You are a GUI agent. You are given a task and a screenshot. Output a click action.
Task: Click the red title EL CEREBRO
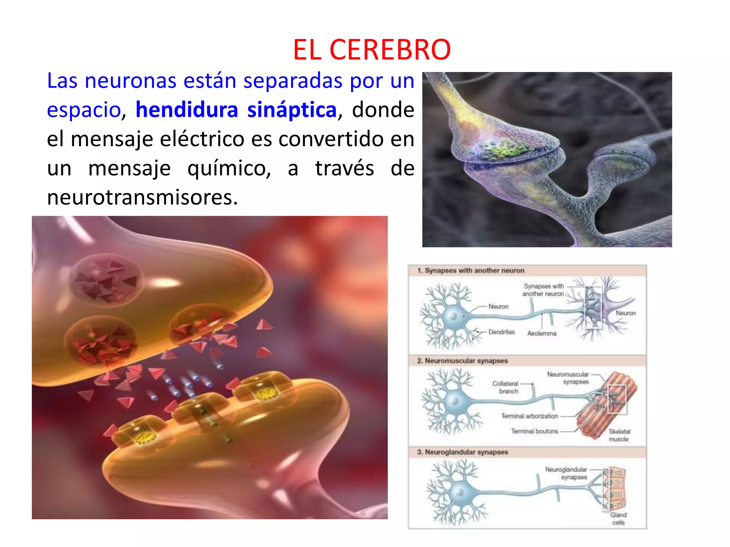[372, 50]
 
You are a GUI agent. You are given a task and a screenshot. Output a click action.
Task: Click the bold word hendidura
[187, 109]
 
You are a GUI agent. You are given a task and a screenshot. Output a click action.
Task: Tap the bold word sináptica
[292, 109]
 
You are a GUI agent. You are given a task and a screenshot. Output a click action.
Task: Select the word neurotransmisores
[142, 197]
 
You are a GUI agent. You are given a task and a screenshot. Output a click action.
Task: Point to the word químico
[229, 168]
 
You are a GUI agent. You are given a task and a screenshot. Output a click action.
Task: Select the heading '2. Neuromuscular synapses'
[462, 361]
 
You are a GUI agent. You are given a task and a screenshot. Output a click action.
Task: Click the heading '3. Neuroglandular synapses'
[462, 452]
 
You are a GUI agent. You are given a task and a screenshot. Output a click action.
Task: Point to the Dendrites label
[502, 332]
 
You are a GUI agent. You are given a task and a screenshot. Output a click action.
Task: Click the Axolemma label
[541, 333]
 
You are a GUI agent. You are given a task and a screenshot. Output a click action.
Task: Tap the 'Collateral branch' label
[505, 387]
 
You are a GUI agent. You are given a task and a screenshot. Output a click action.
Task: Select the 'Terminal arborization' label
[529, 416]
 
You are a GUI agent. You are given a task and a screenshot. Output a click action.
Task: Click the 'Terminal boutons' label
[534, 431]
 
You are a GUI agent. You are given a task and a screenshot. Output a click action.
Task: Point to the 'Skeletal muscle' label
[619, 435]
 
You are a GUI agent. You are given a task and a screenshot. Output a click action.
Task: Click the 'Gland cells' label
[618, 519]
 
